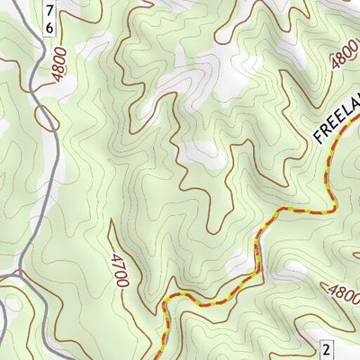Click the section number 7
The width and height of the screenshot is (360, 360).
click(49, 10)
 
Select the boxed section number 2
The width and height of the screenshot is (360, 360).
click(327, 348)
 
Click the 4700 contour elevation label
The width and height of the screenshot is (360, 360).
click(117, 270)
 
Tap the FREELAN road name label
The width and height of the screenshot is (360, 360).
click(337, 121)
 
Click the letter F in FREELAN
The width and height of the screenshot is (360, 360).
click(319, 138)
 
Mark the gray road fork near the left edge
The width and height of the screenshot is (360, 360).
click(18, 270)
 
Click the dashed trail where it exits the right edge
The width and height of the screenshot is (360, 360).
click(357, 125)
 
